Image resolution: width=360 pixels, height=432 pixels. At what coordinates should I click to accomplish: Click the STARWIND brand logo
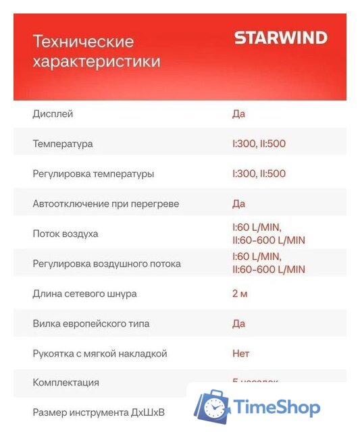click(x=280, y=38)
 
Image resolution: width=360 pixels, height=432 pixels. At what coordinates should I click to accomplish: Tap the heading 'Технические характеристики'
click(x=97, y=52)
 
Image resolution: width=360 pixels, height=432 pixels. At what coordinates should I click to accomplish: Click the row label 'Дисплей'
click(x=53, y=113)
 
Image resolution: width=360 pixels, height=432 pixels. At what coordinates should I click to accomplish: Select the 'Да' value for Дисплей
click(x=238, y=113)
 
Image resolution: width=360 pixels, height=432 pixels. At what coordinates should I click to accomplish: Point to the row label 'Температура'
click(x=63, y=144)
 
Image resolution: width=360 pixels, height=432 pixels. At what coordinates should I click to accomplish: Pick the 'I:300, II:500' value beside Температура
click(x=259, y=144)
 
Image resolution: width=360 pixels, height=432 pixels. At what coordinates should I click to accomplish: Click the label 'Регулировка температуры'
click(x=93, y=173)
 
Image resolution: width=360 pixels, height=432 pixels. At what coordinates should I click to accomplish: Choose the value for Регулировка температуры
click(x=259, y=173)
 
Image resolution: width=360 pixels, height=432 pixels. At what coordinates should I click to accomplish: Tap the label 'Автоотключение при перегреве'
click(x=106, y=203)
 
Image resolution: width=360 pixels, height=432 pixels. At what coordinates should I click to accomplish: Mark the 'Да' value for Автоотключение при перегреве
click(x=238, y=203)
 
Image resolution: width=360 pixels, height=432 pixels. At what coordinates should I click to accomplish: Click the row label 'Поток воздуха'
click(x=66, y=234)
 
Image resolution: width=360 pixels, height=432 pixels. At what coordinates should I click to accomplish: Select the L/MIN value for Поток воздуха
click(x=268, y=234)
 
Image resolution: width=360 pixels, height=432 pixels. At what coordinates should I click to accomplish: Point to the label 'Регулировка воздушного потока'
click(x=107, y=263)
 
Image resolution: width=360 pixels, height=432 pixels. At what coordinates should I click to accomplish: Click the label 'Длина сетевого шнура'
click(x=84, y=294)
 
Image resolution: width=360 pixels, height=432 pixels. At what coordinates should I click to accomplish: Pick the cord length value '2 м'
click(x=239, y=294)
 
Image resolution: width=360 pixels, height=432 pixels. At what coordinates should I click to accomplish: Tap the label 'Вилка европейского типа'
click(x=91, y=323)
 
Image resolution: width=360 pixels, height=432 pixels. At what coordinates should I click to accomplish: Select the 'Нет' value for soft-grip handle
click(x=240, y=353)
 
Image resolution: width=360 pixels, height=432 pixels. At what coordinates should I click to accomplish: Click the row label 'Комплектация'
click(x=66, y=382)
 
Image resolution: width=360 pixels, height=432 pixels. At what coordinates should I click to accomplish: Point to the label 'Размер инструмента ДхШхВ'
click(x=99, y=412)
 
